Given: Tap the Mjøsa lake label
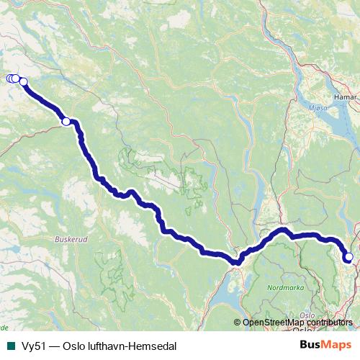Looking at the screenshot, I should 318,109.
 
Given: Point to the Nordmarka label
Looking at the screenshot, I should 284,287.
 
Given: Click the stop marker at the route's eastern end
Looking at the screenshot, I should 348,257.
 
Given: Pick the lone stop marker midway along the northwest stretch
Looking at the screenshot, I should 66,122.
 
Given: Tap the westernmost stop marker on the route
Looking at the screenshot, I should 10,78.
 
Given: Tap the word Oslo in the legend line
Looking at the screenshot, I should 74,346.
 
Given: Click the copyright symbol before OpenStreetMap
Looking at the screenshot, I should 237,323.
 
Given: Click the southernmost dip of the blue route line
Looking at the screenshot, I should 236,263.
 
